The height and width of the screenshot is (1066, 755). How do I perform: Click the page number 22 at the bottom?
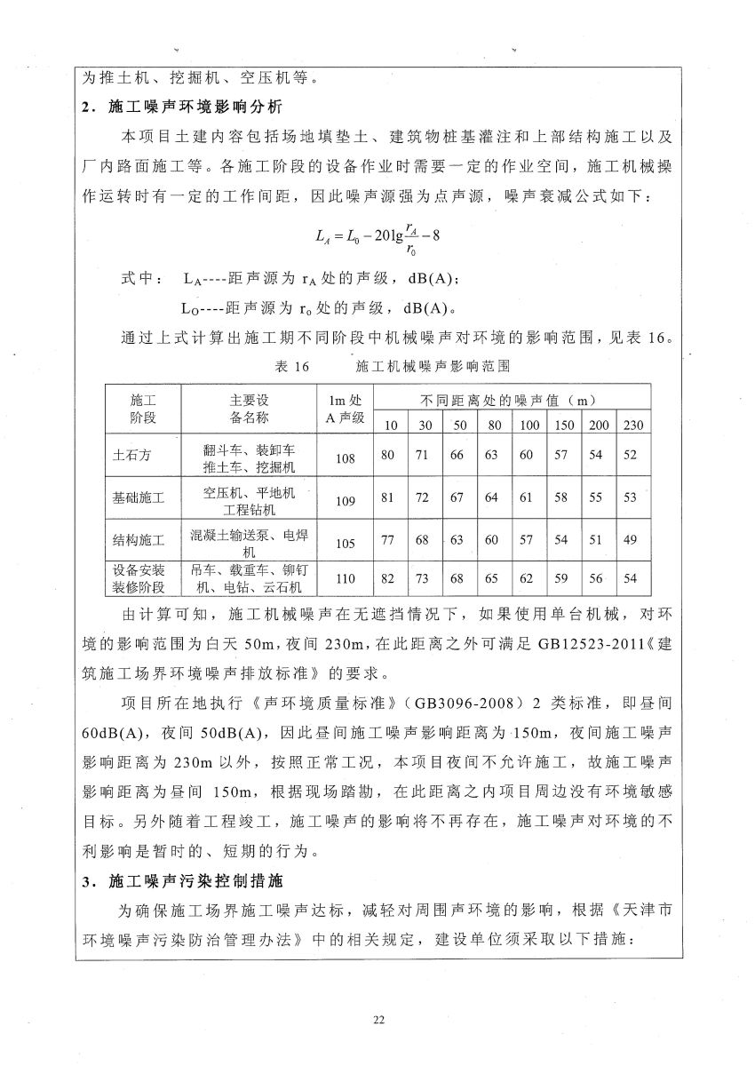click(378, 1019)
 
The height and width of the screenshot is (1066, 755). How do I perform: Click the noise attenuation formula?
click(377, 236)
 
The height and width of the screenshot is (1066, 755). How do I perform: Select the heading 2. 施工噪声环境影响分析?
click(181, 107)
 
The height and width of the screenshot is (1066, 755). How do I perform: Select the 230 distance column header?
click(632, 426)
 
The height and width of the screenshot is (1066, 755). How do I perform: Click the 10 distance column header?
click(388, 426)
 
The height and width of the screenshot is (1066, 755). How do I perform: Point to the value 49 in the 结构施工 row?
click(631, 540)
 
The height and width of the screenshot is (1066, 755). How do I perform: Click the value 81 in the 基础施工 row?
click(387, 497)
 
